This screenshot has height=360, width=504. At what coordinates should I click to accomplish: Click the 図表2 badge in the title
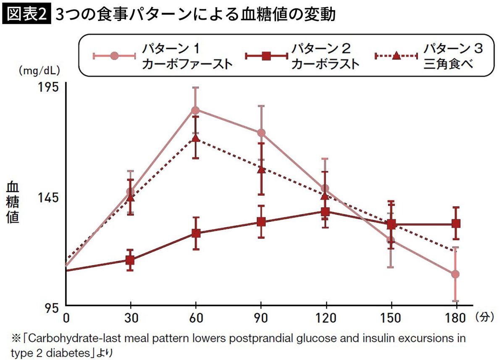[x=26, y=15]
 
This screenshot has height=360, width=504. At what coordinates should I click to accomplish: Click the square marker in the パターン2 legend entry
[x=266, y=55]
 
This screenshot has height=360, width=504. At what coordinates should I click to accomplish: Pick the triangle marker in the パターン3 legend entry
[x=396, y=55]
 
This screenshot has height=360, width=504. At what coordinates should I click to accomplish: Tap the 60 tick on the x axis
[x=196, y=318]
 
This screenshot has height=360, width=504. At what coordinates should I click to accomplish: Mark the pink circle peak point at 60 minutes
[x=196, y=110]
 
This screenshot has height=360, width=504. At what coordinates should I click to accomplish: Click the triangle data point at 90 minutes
[x=261, y=169]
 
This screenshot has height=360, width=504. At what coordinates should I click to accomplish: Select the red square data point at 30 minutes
[x=130, y=260]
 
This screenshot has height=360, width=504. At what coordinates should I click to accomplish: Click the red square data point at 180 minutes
[x=456, y=223]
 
